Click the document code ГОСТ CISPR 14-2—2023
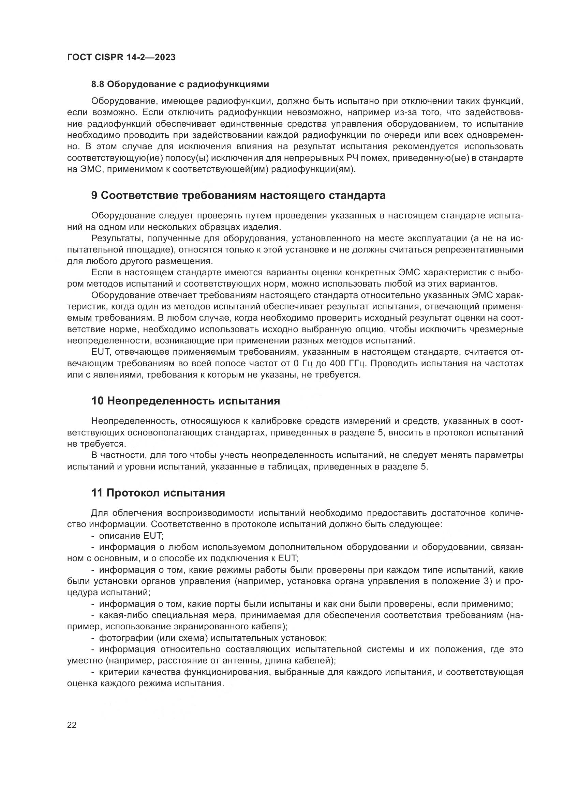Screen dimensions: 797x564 coord(121,57)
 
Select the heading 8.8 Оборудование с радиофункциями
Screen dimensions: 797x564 coord(180,85)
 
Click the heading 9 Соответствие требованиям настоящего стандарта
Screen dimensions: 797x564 coord(238,196)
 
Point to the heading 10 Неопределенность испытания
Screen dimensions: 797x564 coord(185,401)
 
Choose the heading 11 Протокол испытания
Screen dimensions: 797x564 coord(158,493)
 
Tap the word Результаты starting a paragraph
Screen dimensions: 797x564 coord(116,239)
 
